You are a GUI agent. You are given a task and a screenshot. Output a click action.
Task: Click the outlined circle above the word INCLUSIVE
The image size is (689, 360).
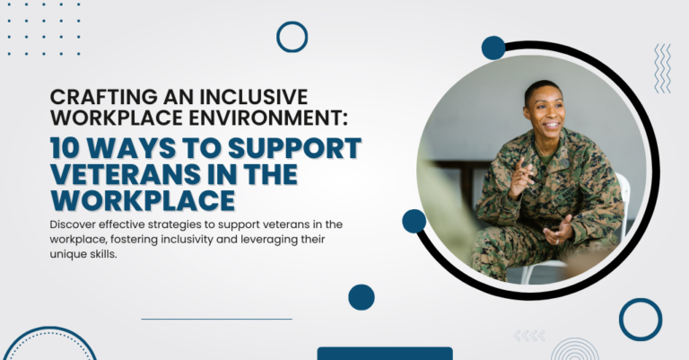tap(292, 37)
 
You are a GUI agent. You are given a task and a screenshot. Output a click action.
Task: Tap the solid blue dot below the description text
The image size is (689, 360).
tap(361, 297)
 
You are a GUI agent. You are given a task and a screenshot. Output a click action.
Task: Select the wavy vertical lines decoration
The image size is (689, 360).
tap(662, 68)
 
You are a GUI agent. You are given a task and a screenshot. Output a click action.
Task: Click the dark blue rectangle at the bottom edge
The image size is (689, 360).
tap(385, 354)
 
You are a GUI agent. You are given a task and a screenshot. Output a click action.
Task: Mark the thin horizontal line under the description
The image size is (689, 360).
tap(216, 319)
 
